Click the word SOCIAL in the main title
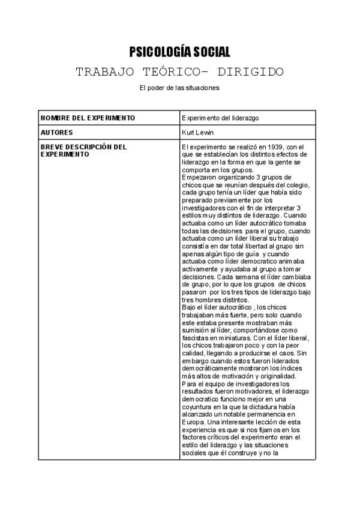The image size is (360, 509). click(x=209, y=52)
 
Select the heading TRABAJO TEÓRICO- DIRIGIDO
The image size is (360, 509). click(x=179, y=72)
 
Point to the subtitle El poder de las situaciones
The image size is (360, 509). click(x=179, y=88)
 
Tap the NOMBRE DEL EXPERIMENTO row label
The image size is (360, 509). click(x=88, y=118)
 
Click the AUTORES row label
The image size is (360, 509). click(x=56, y=132)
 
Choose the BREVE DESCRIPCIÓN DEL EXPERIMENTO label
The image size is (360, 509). click(x=83, y=150)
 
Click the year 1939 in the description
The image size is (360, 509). click(x=260, y=147)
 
